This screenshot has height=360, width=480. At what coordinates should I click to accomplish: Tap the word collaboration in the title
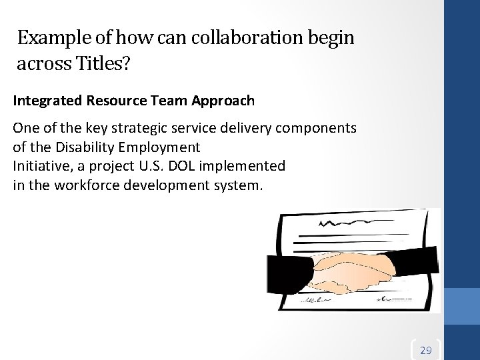point(233,39)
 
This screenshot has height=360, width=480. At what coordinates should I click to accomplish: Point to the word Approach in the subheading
point(225,101)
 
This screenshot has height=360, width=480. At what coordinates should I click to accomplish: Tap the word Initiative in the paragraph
point(38,165)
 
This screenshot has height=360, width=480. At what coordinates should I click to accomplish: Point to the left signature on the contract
point(313,301)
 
